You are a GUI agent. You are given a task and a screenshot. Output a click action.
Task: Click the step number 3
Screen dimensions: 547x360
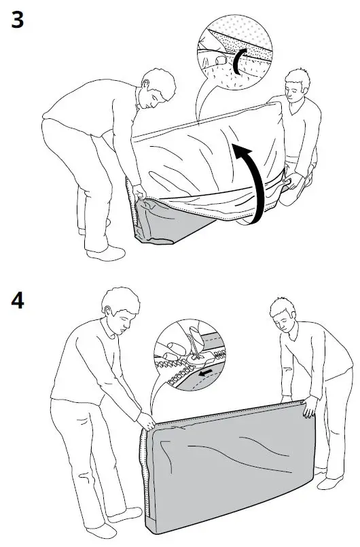18,20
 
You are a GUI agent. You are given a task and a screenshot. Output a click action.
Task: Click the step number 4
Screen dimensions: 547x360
18,300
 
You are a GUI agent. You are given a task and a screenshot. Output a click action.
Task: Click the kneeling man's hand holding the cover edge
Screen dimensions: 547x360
293,181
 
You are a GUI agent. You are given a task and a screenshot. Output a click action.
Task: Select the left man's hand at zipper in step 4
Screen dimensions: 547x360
147,420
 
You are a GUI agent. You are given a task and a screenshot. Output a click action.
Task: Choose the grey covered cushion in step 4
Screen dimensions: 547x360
224,469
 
